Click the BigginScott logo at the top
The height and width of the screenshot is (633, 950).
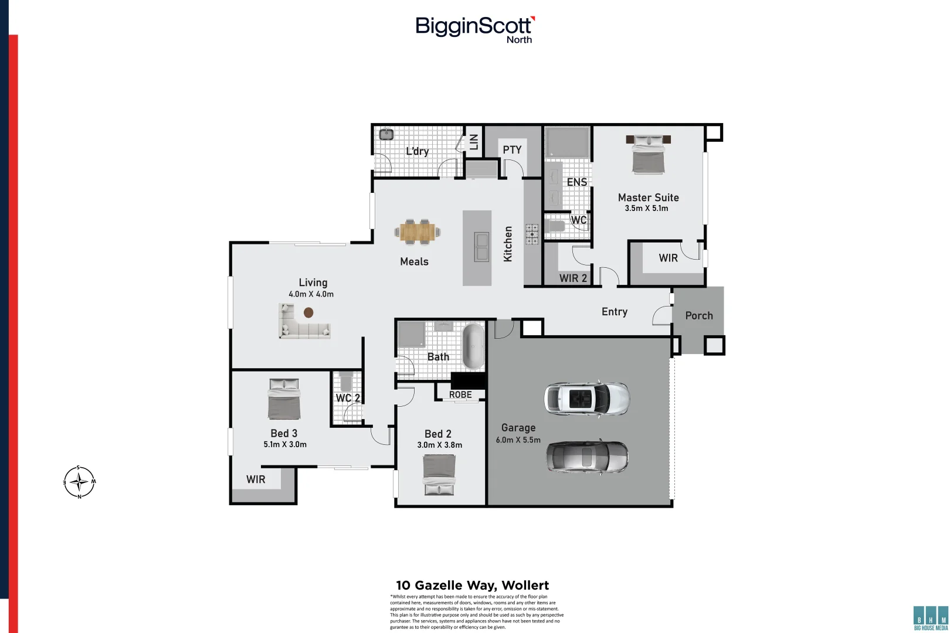pos(474,28)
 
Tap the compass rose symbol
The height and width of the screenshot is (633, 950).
pos(79,482)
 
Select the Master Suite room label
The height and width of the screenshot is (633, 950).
pos(648,198)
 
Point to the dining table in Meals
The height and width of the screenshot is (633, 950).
pos(418,232)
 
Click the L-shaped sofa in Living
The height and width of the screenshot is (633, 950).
pos(303,323)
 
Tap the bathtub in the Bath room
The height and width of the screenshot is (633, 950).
pos(474,346)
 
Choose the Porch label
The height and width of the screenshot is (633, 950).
pos(699,315)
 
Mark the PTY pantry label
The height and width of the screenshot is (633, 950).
pos(512,150)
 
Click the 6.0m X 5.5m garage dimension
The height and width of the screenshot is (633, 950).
pos(518,440)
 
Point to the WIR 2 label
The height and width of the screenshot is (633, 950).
pos(573,278)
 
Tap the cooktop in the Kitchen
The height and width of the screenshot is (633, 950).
pos(532,234)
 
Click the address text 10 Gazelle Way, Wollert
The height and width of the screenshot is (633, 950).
pos(472,585)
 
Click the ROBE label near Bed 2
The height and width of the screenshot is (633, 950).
pos(460,395)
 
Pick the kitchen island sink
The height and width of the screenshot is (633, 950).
pos(481,247)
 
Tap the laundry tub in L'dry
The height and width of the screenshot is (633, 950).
pos(386,134)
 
